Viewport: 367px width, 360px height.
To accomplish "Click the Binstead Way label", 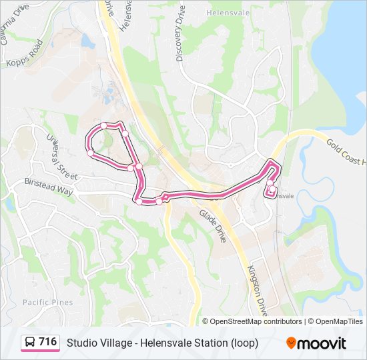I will coord(48,186).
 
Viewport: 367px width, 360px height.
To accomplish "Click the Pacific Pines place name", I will coord(47,302).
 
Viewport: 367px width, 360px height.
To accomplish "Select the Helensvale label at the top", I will coord(228,12).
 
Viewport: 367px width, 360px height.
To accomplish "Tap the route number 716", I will coord(47,342).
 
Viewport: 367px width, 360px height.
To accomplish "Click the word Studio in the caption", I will coord(81,343).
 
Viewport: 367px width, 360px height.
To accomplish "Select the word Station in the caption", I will coord(206,343).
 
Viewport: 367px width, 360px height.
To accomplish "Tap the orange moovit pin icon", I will coord(291,343).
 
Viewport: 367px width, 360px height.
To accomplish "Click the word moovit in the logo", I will coord(322,343).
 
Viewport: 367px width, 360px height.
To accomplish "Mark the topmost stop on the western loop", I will coord(103,125).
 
